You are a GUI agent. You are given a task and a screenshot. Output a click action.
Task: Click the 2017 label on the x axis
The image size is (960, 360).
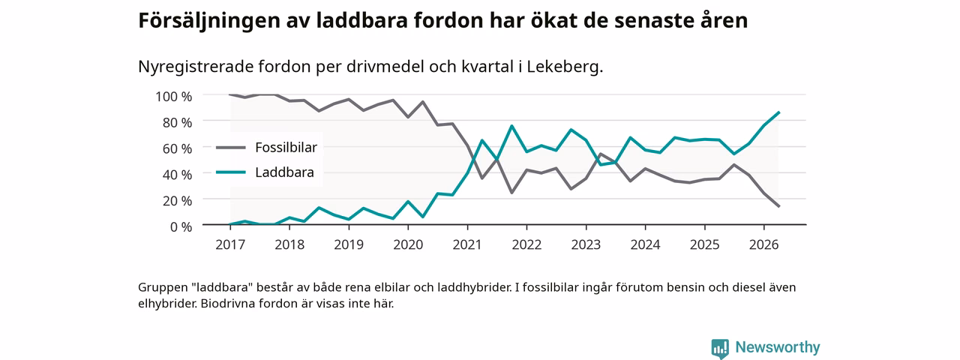(x=230, y=244)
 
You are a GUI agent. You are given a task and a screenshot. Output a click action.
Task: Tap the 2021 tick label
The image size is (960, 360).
(x=467, y=244)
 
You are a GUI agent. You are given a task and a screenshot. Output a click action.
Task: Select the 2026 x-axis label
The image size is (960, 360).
(x=763, y=244)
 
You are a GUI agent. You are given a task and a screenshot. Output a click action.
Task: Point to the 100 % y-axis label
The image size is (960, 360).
(x=173, y=97)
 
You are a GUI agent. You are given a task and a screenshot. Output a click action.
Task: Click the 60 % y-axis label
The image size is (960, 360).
(x=177, y=148)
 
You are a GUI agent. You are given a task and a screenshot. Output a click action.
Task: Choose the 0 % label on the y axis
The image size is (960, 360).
(x=181, y=226)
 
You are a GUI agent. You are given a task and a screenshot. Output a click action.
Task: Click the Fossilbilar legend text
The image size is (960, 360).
(x=286, y=148)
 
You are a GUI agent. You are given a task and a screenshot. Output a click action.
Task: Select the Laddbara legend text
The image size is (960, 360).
(x=284, y=172)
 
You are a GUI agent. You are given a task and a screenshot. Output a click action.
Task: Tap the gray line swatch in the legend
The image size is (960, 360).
(x=230, y=148)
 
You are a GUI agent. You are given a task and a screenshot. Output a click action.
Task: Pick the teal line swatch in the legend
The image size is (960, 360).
(x=230, y=172)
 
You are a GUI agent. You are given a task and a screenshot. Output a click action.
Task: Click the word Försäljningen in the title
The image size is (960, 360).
(x=209, y=21)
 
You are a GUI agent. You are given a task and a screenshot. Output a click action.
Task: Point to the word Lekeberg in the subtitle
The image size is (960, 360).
(x=565, y=67)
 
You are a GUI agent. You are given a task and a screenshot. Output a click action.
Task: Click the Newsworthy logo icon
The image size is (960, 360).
(x=720, y=348)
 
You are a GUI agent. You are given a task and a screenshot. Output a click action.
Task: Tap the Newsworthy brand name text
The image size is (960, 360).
(x=778, y=347)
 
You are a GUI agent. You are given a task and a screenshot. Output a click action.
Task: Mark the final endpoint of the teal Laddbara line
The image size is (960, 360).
(x=778, y=112)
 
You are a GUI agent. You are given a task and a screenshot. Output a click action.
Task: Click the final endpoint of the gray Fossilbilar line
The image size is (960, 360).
(x=778, y=206)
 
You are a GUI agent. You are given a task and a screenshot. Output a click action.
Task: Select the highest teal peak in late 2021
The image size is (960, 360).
(x=511, y=126)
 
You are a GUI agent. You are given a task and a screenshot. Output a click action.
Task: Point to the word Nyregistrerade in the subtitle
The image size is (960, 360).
(x=196, y=67)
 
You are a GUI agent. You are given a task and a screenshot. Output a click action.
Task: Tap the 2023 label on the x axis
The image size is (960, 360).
(x=586, y=244)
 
